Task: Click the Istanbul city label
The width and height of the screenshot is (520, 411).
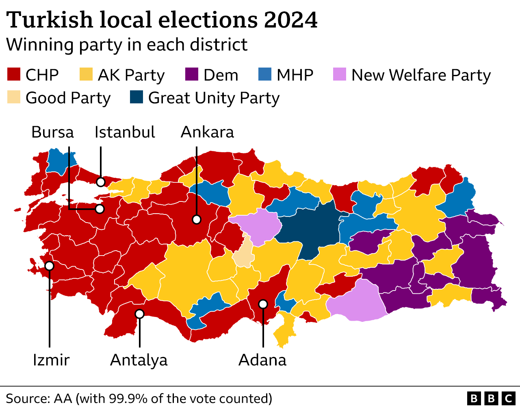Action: [x=125, y=132]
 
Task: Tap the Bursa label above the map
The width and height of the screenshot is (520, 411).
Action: [x=53, y=132]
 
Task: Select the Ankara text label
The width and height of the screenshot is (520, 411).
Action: [x=207, y=132]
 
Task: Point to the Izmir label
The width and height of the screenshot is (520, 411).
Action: [x=51, y=360]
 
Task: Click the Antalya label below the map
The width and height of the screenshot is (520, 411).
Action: [x=139, y=360]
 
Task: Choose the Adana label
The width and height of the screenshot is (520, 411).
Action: [x=262, y=360]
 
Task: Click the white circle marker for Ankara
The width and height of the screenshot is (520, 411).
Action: [x=197, y=220]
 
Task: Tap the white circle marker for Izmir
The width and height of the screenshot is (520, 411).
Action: [x=49, y=266]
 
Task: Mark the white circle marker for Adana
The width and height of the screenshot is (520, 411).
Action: [x=263, y=304]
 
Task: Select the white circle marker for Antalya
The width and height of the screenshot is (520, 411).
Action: [x=139, y=314]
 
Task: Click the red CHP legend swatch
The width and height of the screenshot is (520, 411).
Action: [x=14, y=75]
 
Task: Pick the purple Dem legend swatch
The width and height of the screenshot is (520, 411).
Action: [x=191, y=75]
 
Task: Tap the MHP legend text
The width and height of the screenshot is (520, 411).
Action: [x=295, y=75]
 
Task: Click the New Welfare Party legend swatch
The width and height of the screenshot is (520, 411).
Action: [x=339, y=75]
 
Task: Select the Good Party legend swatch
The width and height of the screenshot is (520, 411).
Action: [x=14, y=98]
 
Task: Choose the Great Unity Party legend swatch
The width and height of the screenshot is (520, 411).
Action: [x=136, y=98]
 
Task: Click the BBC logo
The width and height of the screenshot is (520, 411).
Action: [x=491, y=398]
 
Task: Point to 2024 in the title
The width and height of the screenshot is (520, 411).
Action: [x=290, y=20]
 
